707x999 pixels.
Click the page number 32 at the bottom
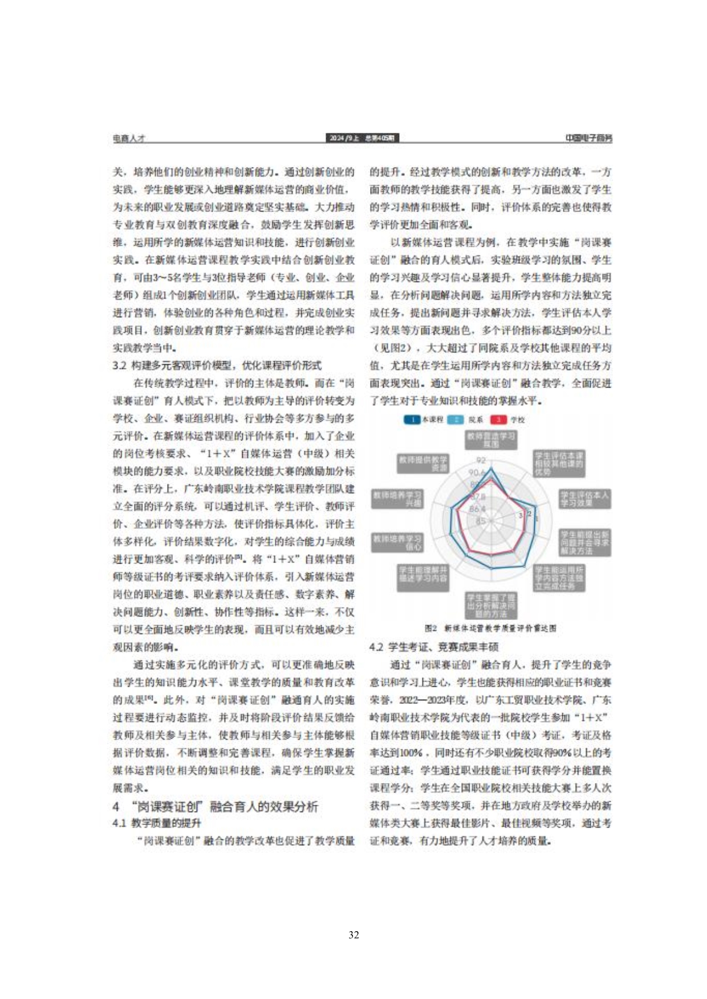(353, 935)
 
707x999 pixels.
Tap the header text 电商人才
(129, 138)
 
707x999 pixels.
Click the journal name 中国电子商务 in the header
(588, 138)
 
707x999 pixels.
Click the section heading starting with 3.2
(217, 365)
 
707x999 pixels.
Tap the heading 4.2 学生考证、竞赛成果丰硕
(434, 646)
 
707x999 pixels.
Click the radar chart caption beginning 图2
(490, 628)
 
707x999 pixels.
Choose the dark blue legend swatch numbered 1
(412, 419)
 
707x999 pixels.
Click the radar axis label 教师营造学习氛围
(491, 439)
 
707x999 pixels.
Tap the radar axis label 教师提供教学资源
(423, 463)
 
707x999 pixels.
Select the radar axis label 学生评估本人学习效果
(584, 499)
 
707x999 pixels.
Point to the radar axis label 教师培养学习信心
(397, 542)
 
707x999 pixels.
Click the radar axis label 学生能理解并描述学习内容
(423, 577)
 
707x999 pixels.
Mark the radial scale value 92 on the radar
(481, 460)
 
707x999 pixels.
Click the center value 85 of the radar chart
(481, 521)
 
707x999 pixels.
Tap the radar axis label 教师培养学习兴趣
(397, 499)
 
